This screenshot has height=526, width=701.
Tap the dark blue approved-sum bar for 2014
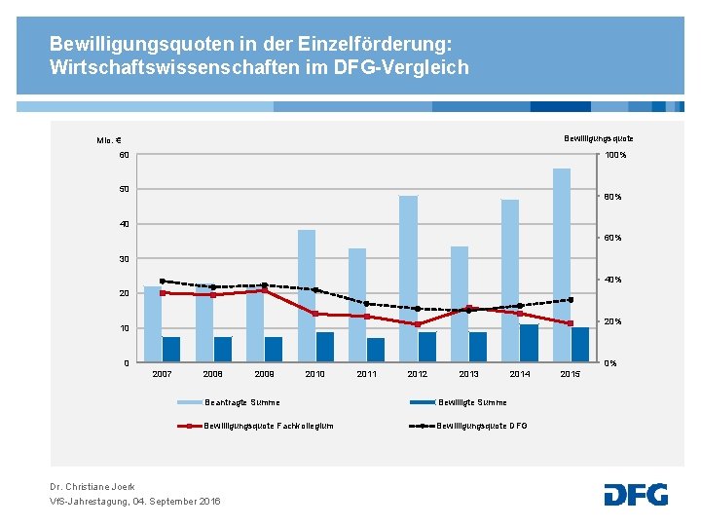tap(529, 343)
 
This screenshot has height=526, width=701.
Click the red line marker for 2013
tap(468, 308)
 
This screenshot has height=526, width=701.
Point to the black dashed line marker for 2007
tap(163, 282)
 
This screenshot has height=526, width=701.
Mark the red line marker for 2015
tap(571, 323)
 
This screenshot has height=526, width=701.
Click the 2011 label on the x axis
tap(366, 374)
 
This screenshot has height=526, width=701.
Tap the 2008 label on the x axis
tap(212, 374)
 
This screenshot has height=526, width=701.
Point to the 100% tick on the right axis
tap(615, 155)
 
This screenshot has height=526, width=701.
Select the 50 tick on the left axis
tap(124, 189)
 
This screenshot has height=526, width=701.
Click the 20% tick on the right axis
tap(612, 321)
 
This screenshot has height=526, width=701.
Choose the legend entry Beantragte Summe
tap(241, 402)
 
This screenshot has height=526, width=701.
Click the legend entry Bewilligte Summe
tap(472, 402)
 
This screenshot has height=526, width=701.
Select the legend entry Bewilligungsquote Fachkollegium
tap(269, 426)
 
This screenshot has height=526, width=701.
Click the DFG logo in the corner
tap(636, 494)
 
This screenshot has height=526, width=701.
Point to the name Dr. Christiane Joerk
tap(92, 486)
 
